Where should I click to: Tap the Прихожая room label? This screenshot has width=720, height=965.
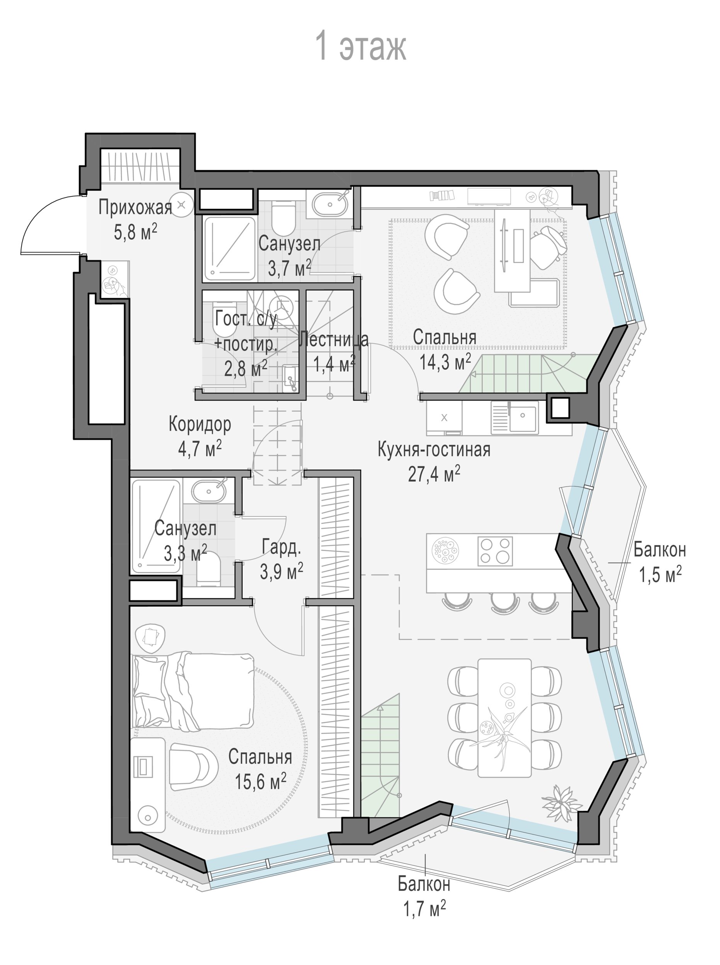click(135, 208)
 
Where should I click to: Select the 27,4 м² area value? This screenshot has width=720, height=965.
click(434, 474)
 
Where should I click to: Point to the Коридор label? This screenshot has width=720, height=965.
click(200, 424)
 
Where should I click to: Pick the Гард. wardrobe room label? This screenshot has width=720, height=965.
click(281, 547)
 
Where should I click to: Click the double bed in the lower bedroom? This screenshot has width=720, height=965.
click(193, 690)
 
